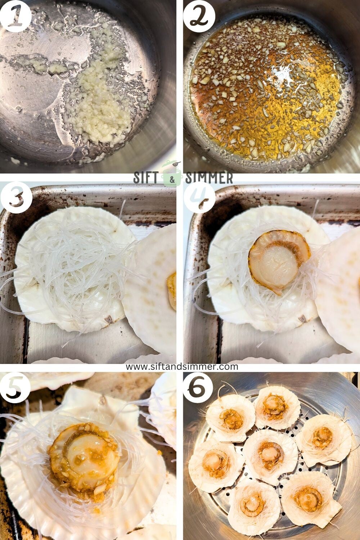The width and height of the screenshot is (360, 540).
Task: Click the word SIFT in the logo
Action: tap(148, 178)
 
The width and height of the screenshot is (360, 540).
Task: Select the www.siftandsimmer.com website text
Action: tap(182, 366)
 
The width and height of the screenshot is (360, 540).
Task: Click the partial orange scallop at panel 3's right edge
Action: tap(172, 290)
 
